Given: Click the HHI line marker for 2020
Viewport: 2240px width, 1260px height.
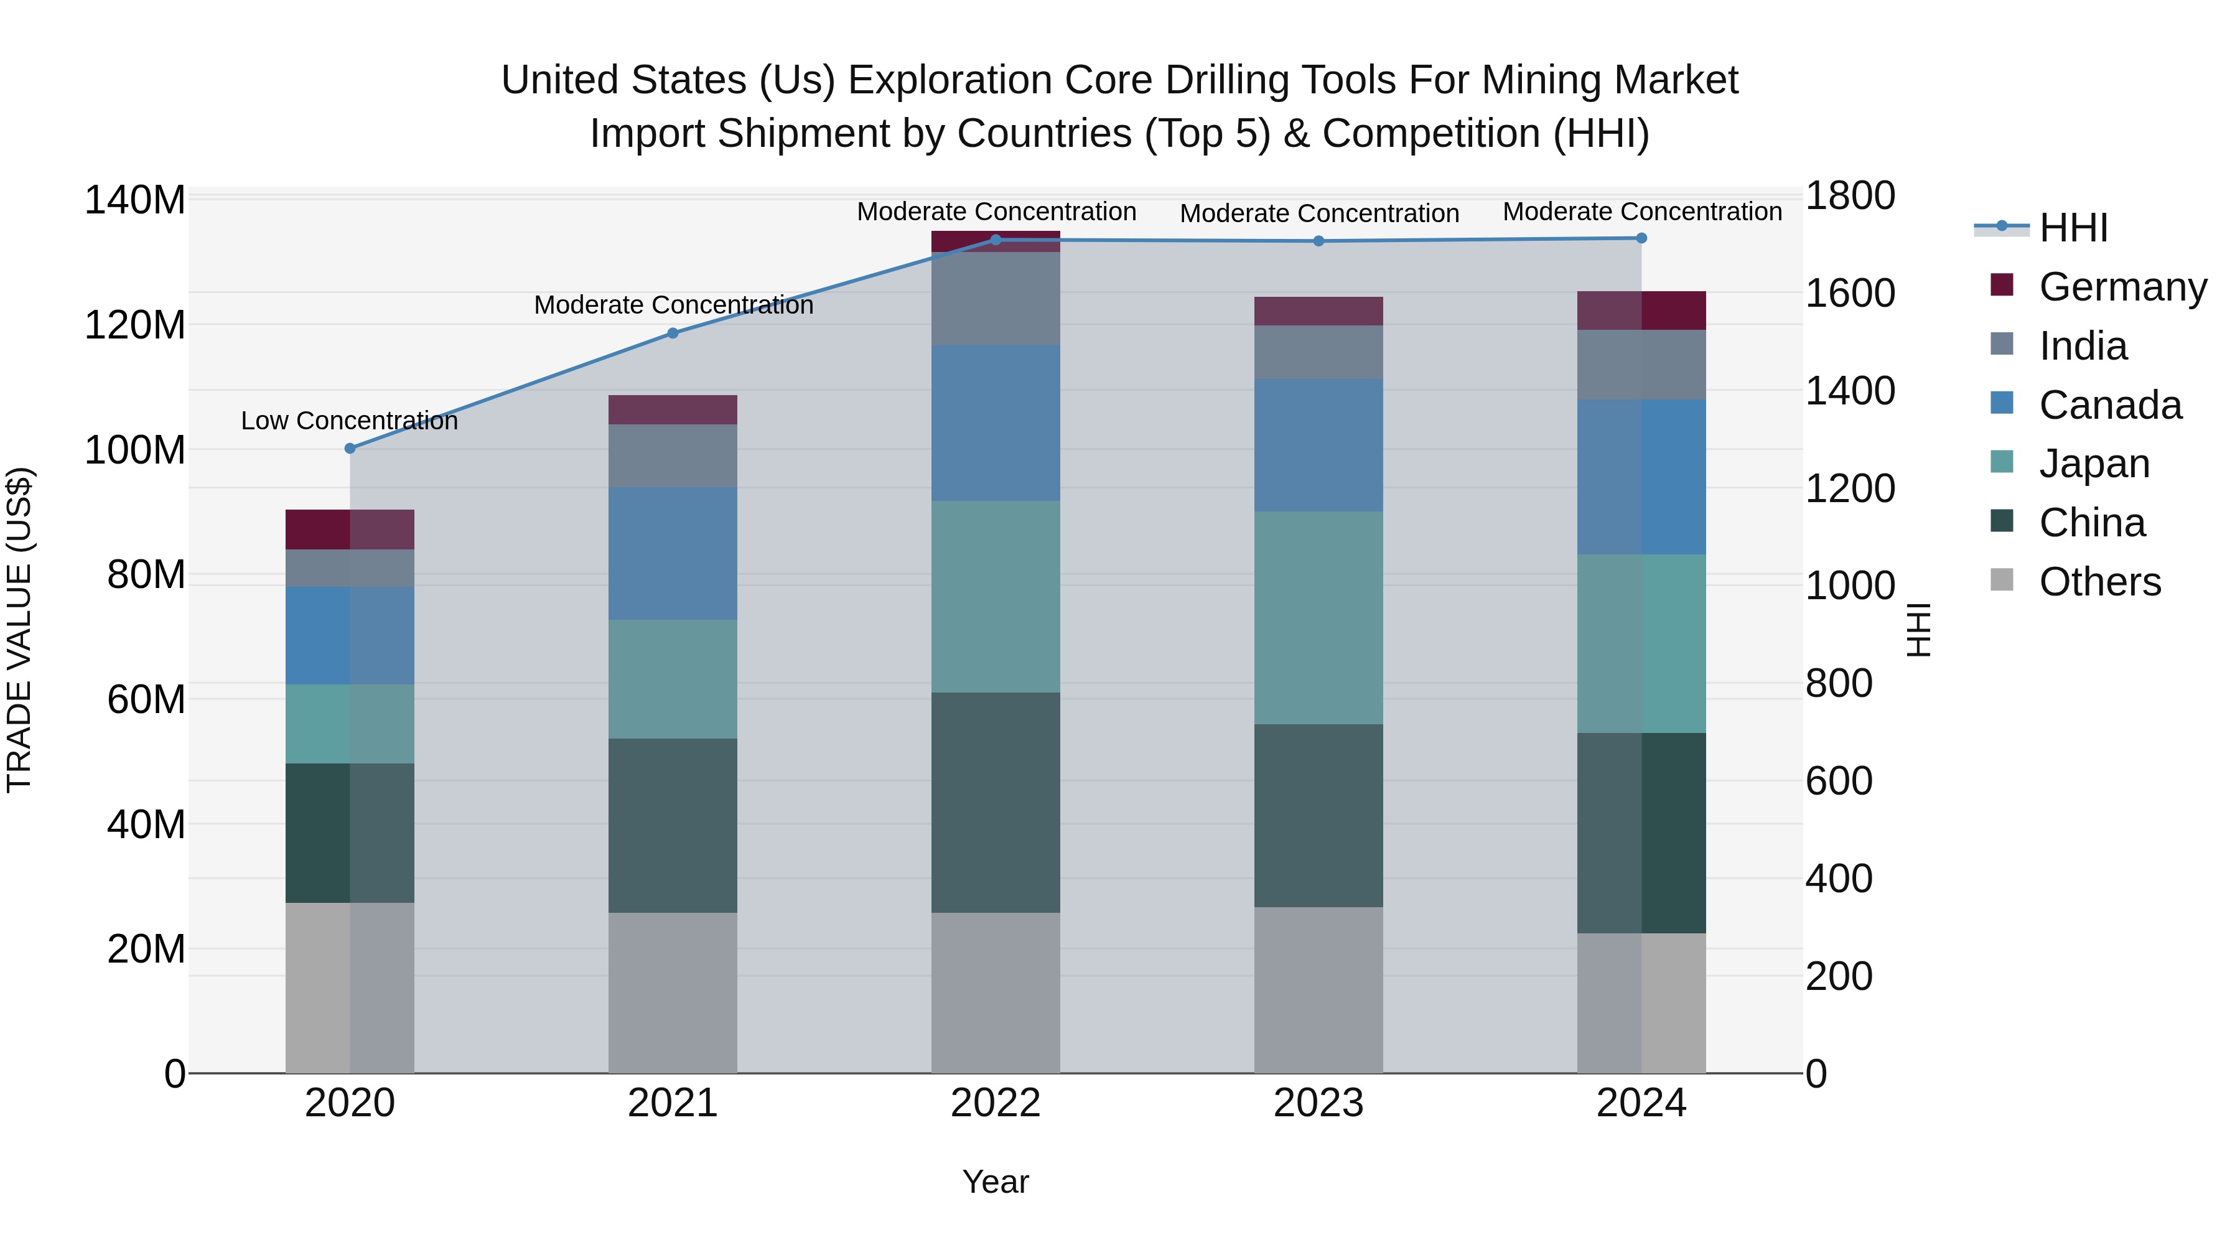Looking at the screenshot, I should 350,449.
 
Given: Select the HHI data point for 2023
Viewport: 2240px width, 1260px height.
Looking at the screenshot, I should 1318,241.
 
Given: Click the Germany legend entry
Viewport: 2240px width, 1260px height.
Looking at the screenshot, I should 2122,287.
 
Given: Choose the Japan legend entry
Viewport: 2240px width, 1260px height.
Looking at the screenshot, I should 2094,464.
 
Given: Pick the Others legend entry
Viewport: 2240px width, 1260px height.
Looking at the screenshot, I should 2099,582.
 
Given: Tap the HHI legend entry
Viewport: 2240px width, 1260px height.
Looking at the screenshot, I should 2073,228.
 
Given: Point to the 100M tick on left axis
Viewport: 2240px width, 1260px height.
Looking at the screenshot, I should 135,450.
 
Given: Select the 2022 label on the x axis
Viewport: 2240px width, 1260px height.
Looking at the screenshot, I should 996,1103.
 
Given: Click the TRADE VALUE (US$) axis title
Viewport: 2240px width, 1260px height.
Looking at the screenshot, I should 19,630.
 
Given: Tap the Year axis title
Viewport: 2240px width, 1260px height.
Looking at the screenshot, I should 996,1182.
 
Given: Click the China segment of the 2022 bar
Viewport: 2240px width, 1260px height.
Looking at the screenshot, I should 996,802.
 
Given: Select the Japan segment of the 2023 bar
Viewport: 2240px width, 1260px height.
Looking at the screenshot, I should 1318,617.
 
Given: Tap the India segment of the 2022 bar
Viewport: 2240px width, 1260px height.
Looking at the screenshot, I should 996,298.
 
